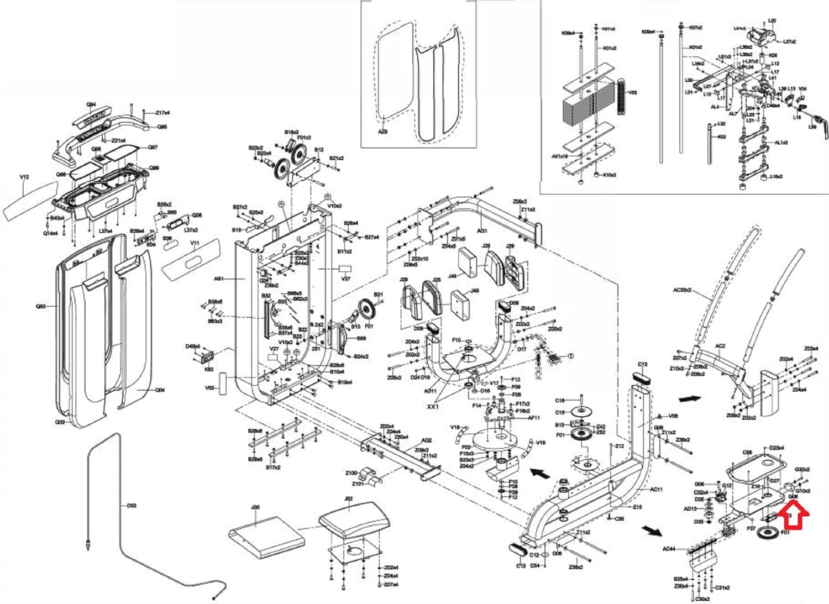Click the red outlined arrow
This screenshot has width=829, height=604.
pyautogui.click(x=794, y=518)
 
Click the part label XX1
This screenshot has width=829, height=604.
pyautogui.click(x=433, y=406)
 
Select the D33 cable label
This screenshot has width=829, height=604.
pyautogui.click(x=131, y=506)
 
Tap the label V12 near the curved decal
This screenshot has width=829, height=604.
pyautogui.click(x=24, y=177)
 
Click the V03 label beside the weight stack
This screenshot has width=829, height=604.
pyautogui.click(x=633, y=92)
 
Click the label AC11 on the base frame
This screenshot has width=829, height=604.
pyautogui.click(x=656, y=490)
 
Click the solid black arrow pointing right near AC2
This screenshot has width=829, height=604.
pyautogui.click(x=690, y=398)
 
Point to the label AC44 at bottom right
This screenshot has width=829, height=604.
pyautogui.click(x=669, y=549)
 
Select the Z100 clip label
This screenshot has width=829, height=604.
pyautogui.click(x=351, y=473)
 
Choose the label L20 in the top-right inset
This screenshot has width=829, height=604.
pyautogui.click(x=772, y=21)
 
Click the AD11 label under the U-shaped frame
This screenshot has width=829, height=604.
pyautogui.click(x=430, y=391)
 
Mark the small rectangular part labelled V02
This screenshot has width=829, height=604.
pyautogui.click(x=223, y=383)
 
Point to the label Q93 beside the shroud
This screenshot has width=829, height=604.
pyautogui.click(x=41, y=306)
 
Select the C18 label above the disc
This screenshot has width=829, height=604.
pyautogui.click(x=560, y=401)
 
